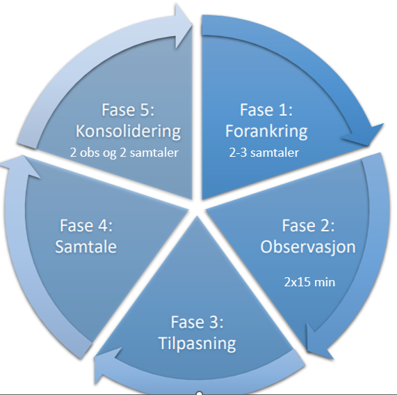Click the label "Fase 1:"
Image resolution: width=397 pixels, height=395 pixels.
click(x=266, y=110)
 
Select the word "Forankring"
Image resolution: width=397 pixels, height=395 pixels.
click(x=266, y=132)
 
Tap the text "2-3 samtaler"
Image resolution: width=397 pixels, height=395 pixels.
click(x=264, y=153)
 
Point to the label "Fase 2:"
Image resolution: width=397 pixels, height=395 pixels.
click(x=308, y=226)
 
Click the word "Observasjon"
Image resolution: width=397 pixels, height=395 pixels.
click(x=308, y=247)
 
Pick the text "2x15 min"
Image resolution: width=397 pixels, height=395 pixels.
click(x=309, y=282)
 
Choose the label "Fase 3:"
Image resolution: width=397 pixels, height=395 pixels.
click(x=197, y=322)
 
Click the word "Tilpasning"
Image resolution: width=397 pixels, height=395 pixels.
click(x=197, y=343)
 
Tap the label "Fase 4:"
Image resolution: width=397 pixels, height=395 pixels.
click(x=86, y=226)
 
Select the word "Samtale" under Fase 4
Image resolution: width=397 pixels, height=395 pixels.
click(x=86, y=247)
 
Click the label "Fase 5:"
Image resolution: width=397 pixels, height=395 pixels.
click(x=128, y=110)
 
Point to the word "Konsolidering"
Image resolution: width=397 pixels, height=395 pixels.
click(x=128, y=132)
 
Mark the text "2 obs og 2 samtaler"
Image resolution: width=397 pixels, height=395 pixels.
click(x=124, y=153)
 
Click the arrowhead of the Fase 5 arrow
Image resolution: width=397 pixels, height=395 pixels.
click(x=183, y=26)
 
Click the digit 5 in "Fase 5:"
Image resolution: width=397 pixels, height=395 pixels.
click(x=143, y=110)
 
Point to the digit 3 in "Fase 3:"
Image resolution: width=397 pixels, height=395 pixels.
click(x=213, y=323)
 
